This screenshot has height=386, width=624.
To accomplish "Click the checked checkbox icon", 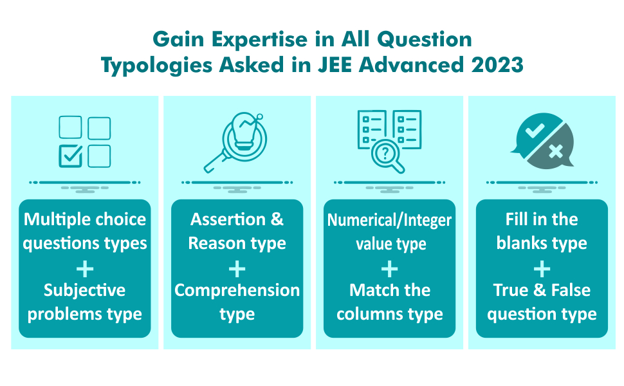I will [70, 156].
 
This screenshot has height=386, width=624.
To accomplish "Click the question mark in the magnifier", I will [385, 153].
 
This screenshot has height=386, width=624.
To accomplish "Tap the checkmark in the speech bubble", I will [534, 131].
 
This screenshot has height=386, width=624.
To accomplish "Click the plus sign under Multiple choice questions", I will [84, 268].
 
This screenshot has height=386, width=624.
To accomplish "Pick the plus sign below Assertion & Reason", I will [237, 268].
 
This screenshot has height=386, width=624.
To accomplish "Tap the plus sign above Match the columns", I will [389, 268].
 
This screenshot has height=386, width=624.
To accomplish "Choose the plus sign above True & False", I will [542, 268].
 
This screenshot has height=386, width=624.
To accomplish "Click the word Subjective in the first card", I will [84, 290].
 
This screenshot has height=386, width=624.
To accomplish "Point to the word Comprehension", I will [237, 290].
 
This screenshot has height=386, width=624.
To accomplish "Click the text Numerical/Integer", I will [389, 220].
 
